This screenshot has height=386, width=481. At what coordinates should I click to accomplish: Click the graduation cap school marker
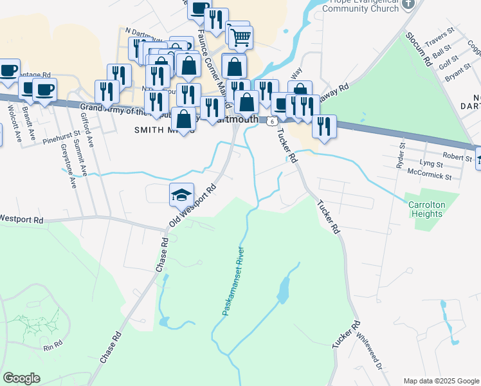(x=181, y=194)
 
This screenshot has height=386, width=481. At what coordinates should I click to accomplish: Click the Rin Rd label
(x=53, y=346)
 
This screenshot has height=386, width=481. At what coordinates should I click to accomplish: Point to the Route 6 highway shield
(x=273, y=121)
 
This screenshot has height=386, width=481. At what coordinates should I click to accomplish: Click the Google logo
(x=22, y=378)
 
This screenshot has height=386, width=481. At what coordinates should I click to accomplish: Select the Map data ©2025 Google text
(x=441, y=380)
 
